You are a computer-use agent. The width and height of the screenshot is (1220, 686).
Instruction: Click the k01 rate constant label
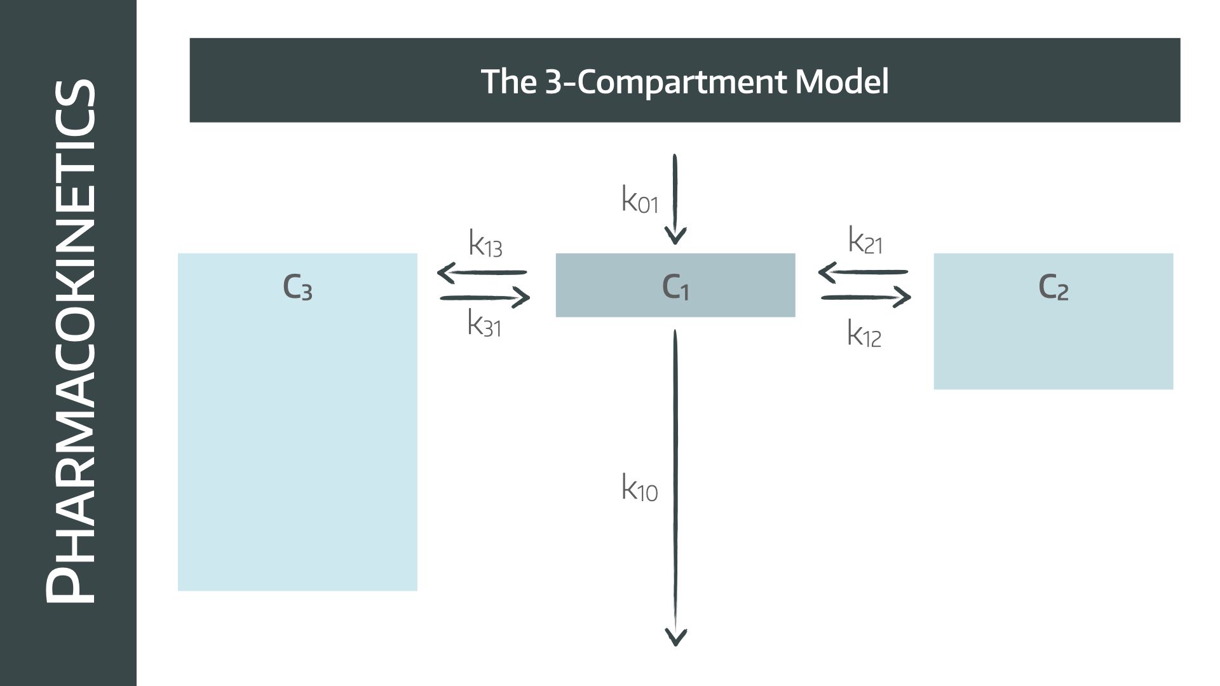(x=639, y=199)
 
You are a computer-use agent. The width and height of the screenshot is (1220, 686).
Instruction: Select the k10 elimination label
(x=639, y=488)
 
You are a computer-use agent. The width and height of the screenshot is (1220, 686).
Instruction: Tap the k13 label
(x=485, y=243)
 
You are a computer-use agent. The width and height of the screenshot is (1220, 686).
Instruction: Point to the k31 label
(x=484, y=323)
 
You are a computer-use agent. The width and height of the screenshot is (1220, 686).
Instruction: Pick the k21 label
(x=865, y=241)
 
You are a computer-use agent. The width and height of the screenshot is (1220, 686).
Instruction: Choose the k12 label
(x=864, y=333)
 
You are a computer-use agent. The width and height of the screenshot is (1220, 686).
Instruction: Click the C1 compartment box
(x=675, y=285)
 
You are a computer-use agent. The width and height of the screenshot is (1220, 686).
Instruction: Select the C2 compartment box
(x=1053, y=321)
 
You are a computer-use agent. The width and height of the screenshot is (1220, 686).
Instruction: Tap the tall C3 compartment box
(x=297, y=422)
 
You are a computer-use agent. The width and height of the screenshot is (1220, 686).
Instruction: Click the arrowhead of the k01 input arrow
(x=675, y=238)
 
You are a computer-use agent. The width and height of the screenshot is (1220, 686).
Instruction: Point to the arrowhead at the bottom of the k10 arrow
(x=675, y=637)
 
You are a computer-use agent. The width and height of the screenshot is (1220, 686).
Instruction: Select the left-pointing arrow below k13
(x=482, y=273)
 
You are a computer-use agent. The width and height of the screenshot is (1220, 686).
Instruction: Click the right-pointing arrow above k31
(x=485, y=297)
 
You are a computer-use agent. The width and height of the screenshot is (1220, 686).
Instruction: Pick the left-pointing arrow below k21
(x=863, y=272)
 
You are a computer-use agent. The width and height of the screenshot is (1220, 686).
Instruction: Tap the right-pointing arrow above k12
(x=866, y=297)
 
